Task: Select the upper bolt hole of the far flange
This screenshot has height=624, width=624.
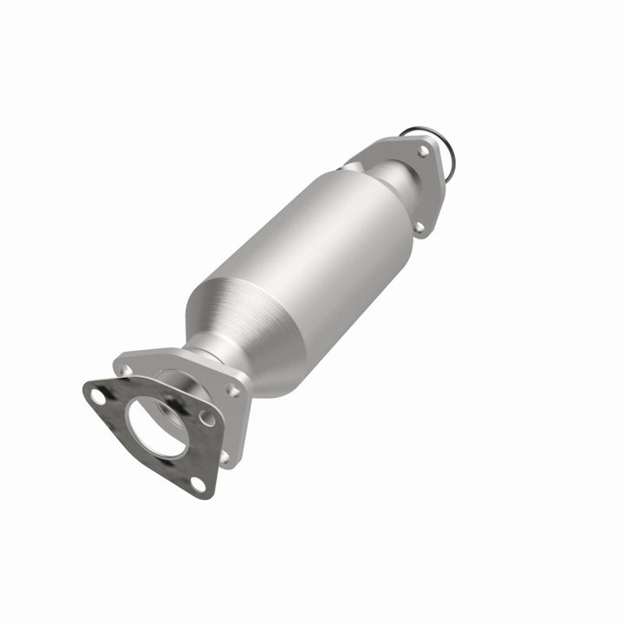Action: coord(423,150)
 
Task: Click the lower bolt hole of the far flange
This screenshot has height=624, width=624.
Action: coord(419,227)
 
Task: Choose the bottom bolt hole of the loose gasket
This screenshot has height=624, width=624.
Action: coord(198,483)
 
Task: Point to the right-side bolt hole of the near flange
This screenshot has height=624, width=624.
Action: coord(232,391)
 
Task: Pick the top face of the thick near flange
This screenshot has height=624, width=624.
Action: coord(173,359)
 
